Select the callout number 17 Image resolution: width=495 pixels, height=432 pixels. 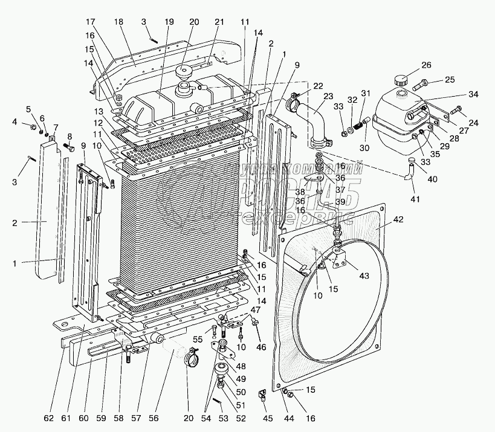tap(89, 22)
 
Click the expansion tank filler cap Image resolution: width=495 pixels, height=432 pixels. tap(401, 80)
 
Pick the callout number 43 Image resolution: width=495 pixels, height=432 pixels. tap(364, 277)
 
